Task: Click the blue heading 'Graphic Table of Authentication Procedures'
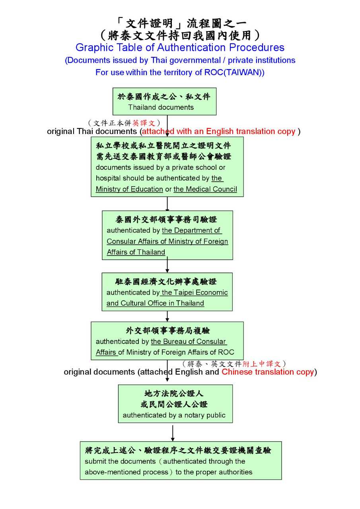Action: [x=180, y=48]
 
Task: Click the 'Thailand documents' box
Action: [x=164, y=101]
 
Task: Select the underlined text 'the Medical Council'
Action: [x=205, y=189]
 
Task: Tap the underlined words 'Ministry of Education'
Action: [x=129, y=189]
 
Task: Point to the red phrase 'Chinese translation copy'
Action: [x=267, y=372]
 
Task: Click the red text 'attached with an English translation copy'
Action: [x=219, y=132]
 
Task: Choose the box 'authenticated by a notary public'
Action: [x=175, y=403]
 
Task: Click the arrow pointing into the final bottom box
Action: [x=172, y=433]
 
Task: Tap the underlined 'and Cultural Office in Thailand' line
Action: [x=155, y=303]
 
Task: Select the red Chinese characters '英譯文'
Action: [x=144, y=123]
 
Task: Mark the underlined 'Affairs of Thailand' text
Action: [x=136, y=253]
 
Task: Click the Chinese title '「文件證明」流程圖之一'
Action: [x=180, y=23]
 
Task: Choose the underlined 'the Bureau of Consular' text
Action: [x=188, y=342]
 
